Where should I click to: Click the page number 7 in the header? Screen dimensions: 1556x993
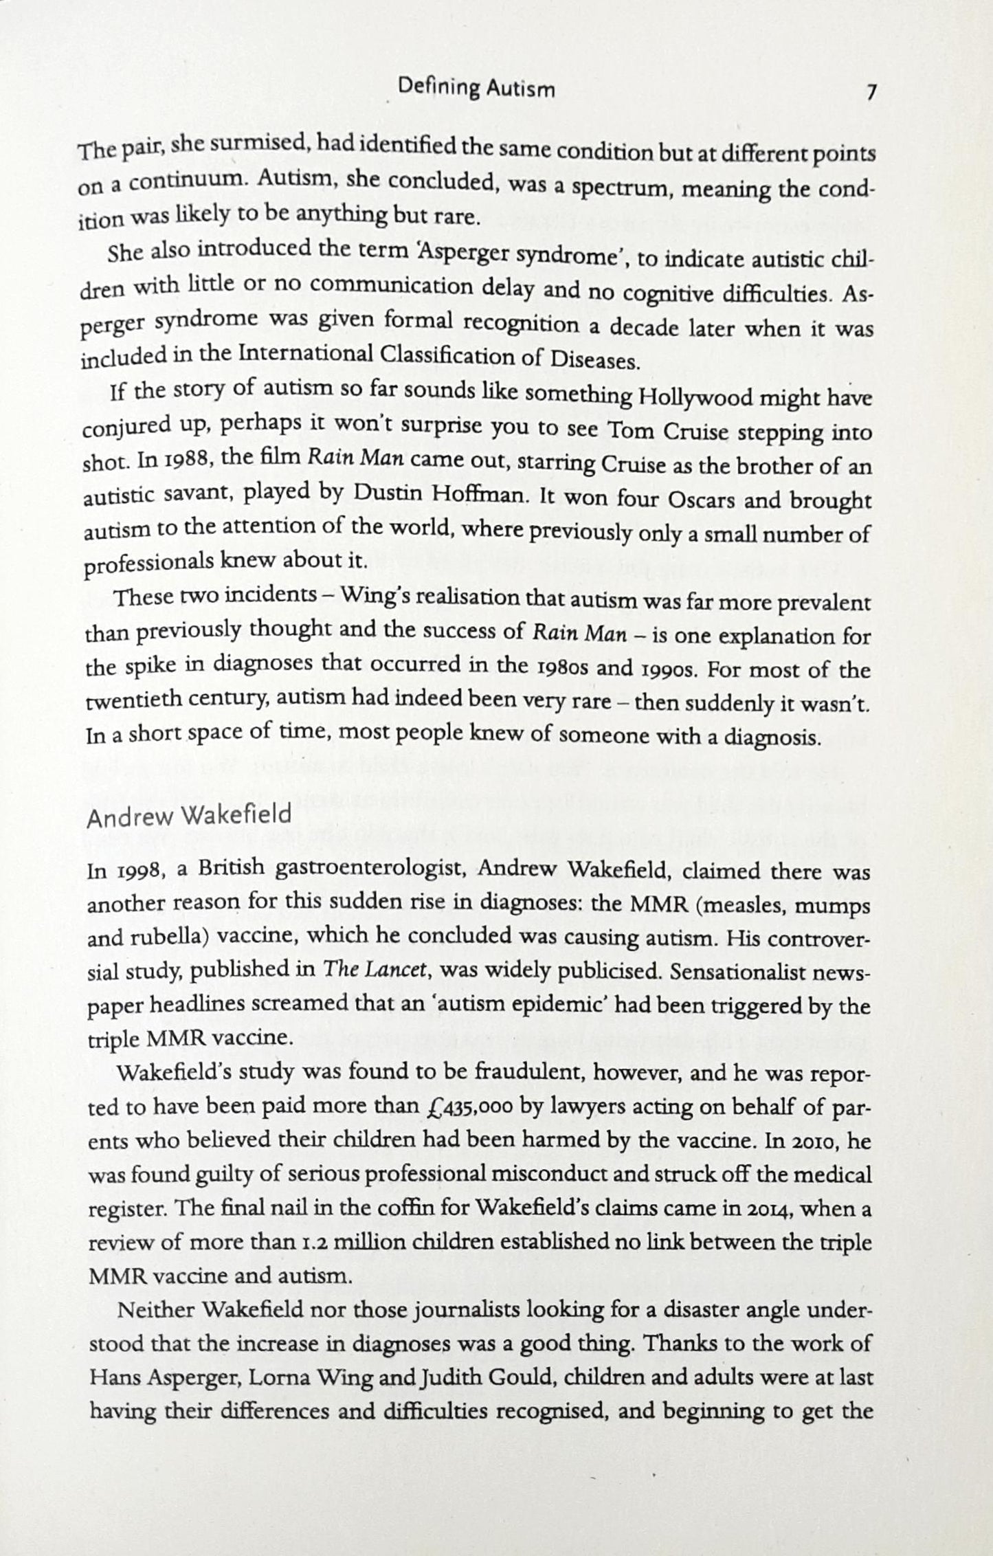tap(870, 92)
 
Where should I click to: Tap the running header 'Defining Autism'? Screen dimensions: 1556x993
tap(476, 89)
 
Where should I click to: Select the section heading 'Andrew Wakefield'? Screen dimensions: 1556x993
tap(189, 816)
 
